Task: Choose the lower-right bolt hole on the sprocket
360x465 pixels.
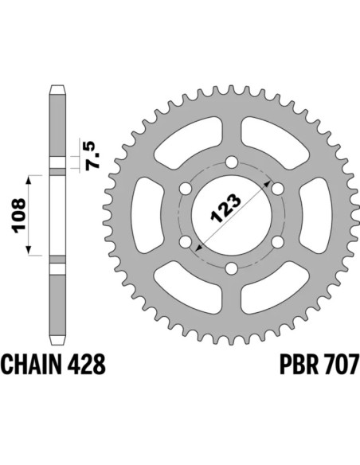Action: (277, 243)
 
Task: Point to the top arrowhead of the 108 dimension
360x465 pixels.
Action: (31, 176)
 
